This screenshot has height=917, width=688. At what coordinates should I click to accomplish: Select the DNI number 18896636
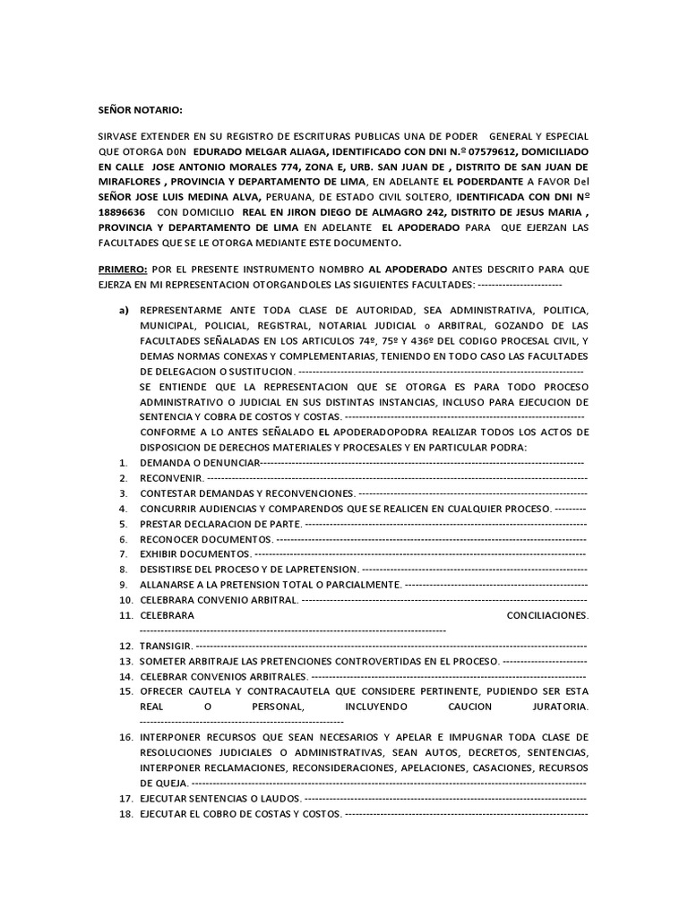[125, 212]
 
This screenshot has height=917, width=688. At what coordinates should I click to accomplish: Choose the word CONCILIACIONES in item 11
[546, 615]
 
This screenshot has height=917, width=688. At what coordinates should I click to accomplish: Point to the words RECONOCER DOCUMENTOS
[204, 538]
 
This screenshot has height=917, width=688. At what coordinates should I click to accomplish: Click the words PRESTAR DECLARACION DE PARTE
[219, 523]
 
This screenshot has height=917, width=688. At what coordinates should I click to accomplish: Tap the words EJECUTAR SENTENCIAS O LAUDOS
[219, 798]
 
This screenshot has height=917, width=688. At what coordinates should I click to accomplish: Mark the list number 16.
[125, 737]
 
